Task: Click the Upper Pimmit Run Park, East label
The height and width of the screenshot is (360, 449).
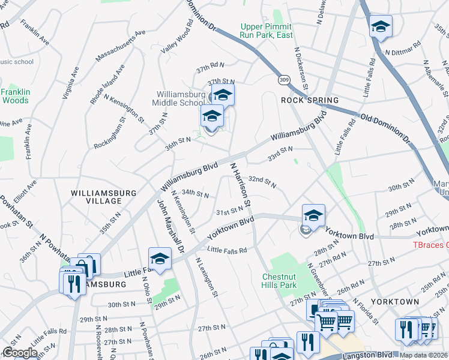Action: tap(266, 31)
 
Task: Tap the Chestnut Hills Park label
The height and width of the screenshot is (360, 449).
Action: tap(280, 281)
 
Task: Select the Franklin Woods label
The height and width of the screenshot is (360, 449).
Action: tap(14, 96)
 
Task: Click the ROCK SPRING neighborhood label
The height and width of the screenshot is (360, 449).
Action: tap(310, 100)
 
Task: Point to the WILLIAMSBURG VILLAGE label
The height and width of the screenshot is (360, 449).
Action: tap(103, 197)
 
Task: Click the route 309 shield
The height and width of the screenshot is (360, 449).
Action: tap(285, 79)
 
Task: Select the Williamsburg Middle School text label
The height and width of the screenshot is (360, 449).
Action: tap(181, 98)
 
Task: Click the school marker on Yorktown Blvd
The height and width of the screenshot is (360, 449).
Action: tap(313, 215)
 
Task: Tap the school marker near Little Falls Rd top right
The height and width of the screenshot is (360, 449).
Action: tap(381, 26)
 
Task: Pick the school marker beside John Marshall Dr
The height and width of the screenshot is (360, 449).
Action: tap(160, 259)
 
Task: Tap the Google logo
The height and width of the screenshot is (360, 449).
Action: tap(19, 353)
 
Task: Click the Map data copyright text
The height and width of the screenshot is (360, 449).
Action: tap(423, 355)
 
